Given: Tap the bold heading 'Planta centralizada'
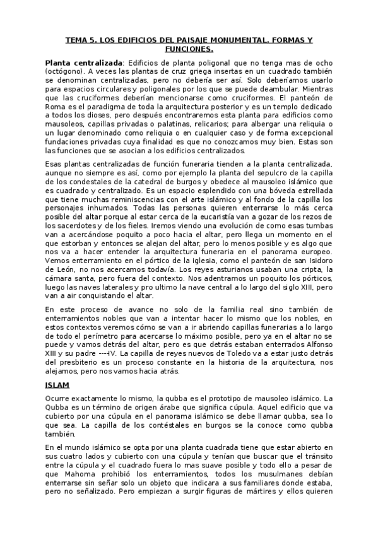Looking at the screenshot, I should (x=83, y=63).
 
